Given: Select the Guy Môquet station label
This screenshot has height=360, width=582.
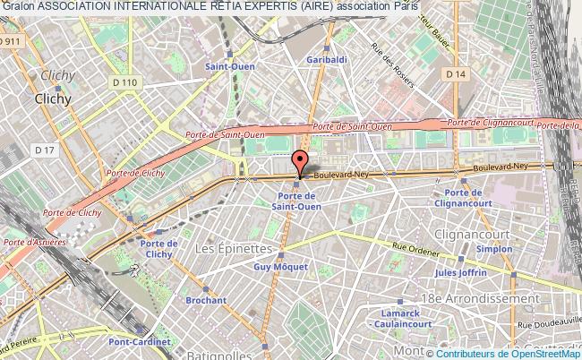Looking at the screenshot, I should (280, 267).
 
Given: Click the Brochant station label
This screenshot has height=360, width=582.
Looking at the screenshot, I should (207, 301).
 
